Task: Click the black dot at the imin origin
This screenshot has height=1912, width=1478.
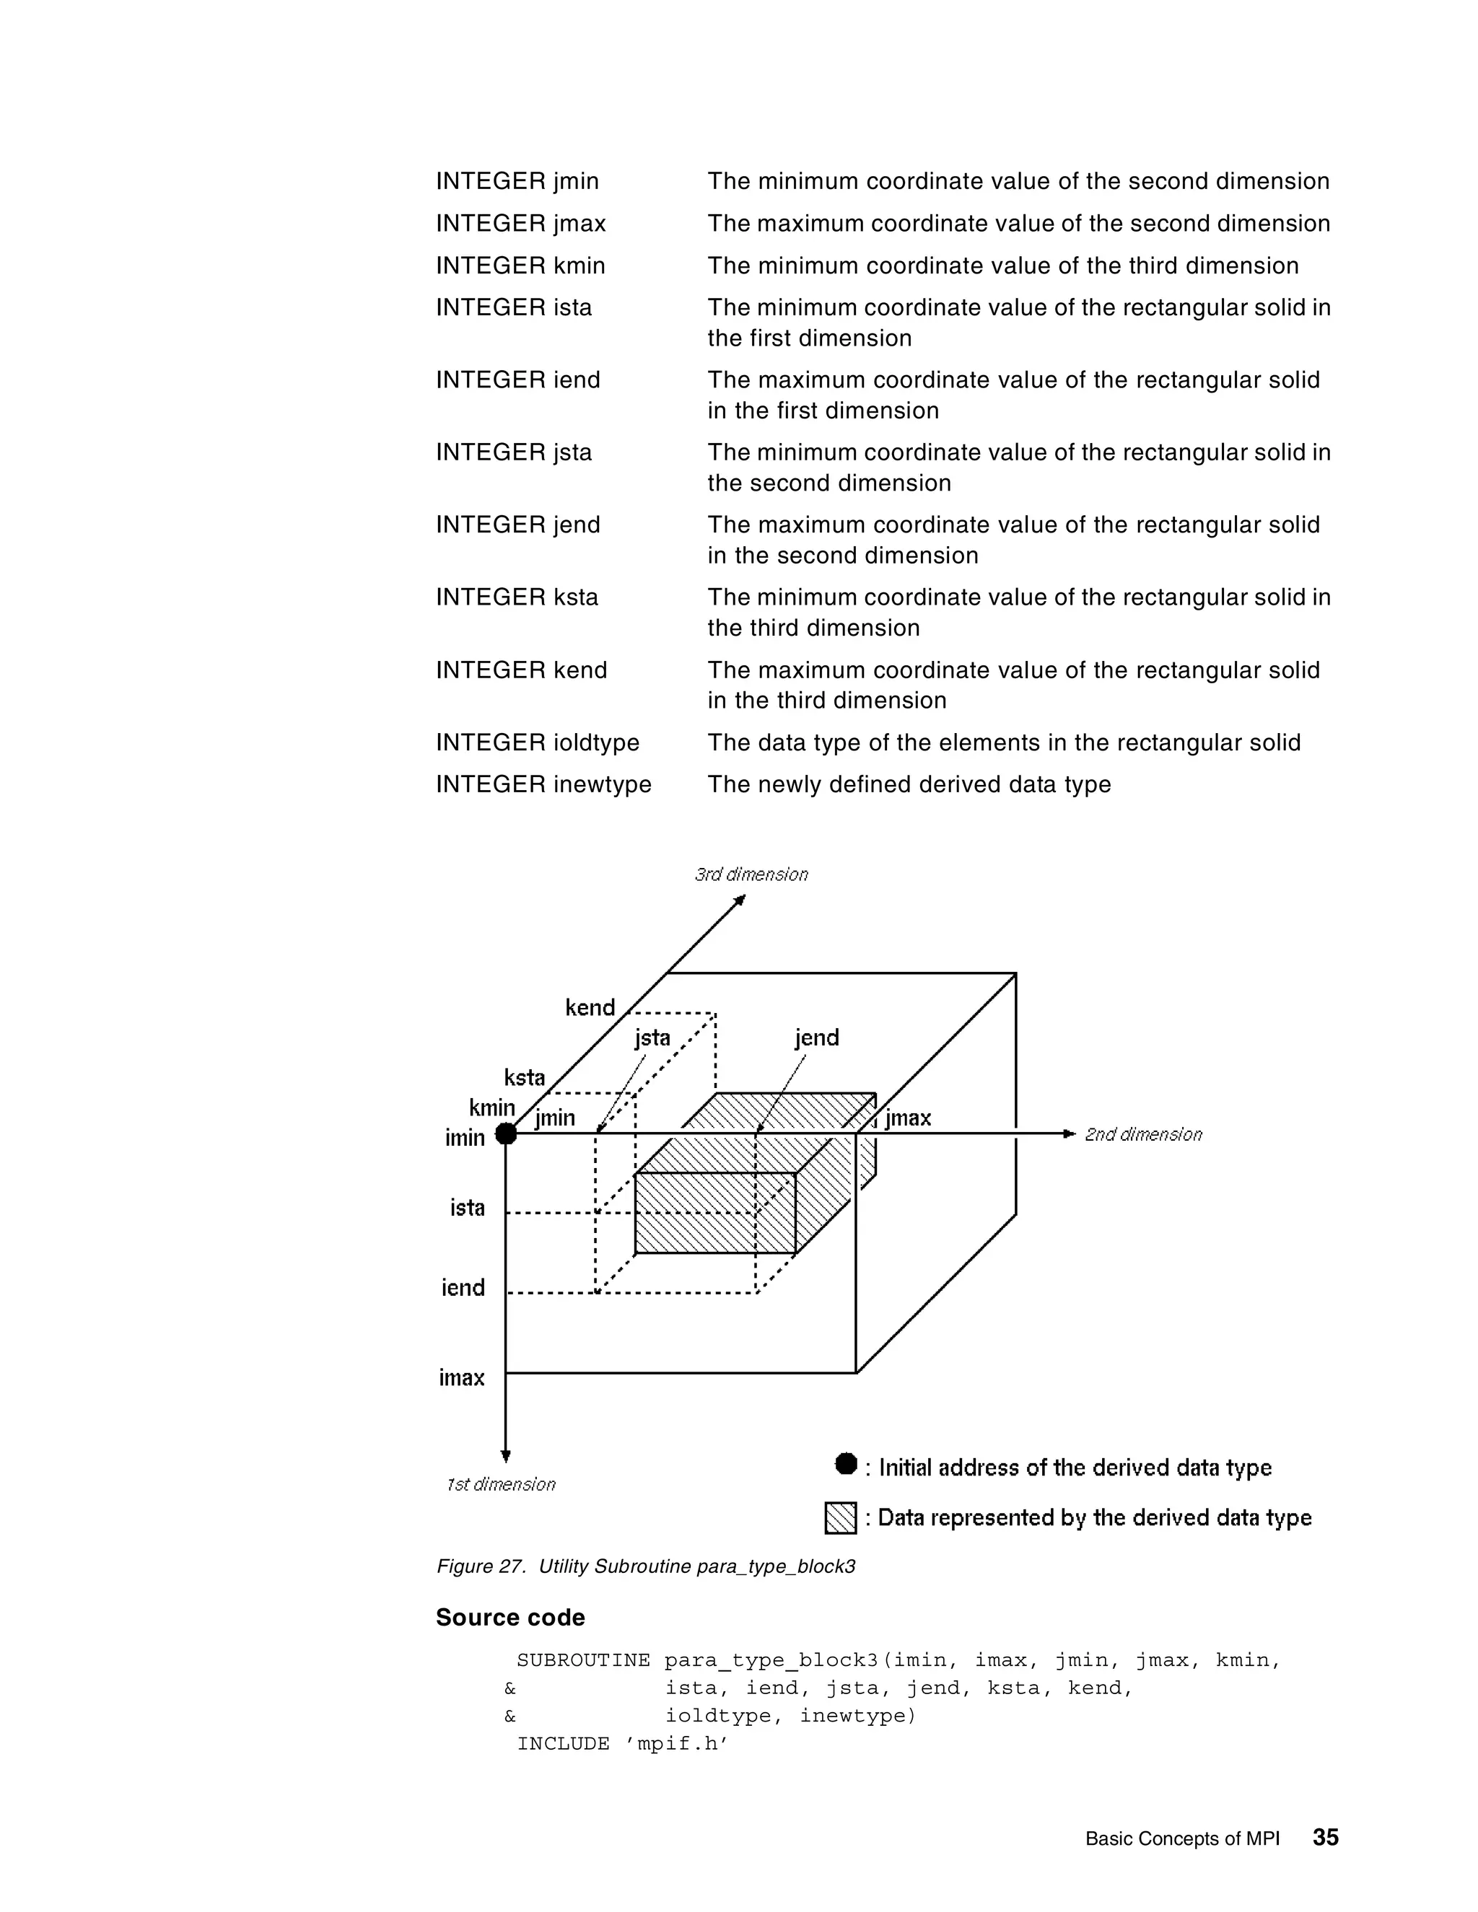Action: point(506,1133)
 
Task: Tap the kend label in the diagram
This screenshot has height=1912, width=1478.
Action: point(590,1008)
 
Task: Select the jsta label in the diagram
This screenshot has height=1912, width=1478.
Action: point(652,1038)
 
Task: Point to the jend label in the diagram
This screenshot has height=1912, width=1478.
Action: point(816,1038)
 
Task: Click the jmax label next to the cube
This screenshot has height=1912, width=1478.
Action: point(908,1118)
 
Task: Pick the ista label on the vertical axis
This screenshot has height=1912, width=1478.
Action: point(468,1208)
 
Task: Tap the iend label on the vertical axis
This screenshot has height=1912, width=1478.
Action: point(463,1288)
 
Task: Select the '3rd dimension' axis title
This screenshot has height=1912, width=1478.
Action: point(751,874)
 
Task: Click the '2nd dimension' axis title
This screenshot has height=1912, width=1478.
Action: point(1142,1135)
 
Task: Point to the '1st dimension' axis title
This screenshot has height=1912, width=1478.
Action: point(501,1485)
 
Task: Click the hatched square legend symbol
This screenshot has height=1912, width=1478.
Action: point(841,1518)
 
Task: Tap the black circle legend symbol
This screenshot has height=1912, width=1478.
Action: point(846,1464)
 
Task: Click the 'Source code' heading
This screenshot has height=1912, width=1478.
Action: point(510,1618)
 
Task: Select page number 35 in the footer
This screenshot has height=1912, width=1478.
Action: point(1326,1838)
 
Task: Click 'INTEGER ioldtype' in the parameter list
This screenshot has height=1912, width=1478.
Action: point(538,742)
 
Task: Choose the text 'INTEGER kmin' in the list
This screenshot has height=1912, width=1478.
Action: point(520,266)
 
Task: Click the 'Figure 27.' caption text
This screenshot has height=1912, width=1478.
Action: point(481,1566)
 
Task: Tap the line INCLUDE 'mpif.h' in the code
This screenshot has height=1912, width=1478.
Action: point(623,1744)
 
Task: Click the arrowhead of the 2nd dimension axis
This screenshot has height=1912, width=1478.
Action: point(1068,1133)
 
